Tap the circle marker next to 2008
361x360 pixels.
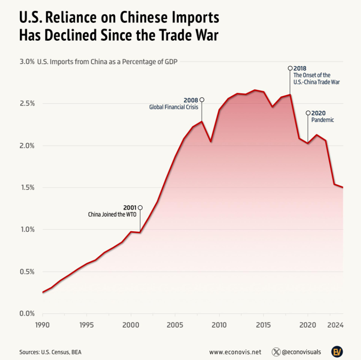(202, 100)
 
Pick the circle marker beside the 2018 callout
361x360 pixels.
(290, 68)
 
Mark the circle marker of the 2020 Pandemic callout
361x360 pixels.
(308, 113)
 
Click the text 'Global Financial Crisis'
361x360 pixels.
(174, 107)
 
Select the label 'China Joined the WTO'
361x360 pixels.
(112, 214)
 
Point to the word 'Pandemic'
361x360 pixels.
(323, 120)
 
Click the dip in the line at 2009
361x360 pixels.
(210, 141)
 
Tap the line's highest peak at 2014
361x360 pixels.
(255, 90)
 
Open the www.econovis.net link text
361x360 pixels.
(235, 352)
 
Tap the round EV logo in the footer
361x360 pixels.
(337, 351)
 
